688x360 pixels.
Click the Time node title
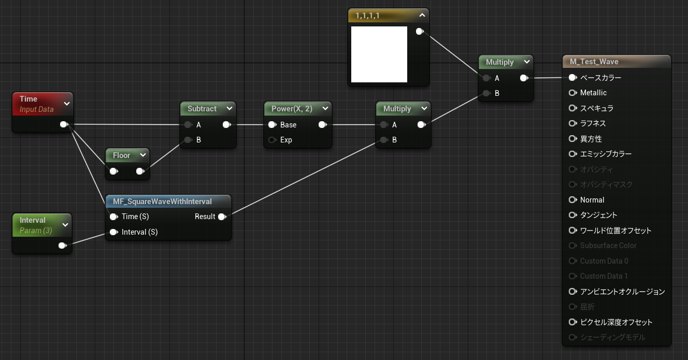(x=28, y=99)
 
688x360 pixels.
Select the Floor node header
(x=122, y=155)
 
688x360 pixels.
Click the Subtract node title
(x=202, y=109)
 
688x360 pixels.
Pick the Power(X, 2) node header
(x=292, y=109)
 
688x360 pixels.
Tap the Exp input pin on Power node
(x=272, y=140)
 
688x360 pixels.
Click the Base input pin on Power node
(x=272, y=125)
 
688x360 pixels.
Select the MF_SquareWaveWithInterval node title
(x=162, y=201)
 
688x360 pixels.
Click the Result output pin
(x=222, y=217)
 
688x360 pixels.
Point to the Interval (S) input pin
(x=113, y=232)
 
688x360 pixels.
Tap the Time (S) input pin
(x=113, y=217)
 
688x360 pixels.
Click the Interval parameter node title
(x=33, y=220)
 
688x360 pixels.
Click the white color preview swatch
(x=379, y=54)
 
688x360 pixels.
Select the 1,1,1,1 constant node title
(x=368, y=16)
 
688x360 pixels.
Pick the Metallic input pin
(x=572, y=93)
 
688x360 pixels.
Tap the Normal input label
(x=592, y=200)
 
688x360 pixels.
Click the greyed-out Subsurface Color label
(x=608, y=246)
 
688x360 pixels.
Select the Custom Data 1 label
(x=604, y=276)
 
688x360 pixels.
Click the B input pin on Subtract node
(x=188, y=140)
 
